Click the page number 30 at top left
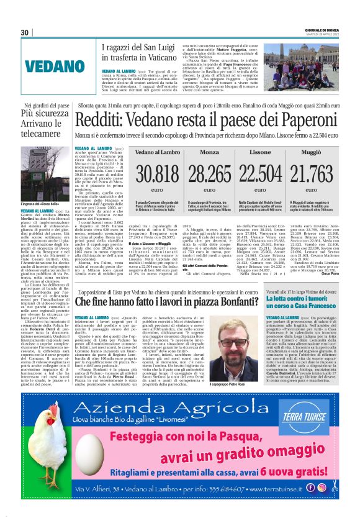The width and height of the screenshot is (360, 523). pyautogui.click(x=25, y=32)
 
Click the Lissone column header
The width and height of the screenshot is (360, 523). pyautogui.click(x=260, y=152)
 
